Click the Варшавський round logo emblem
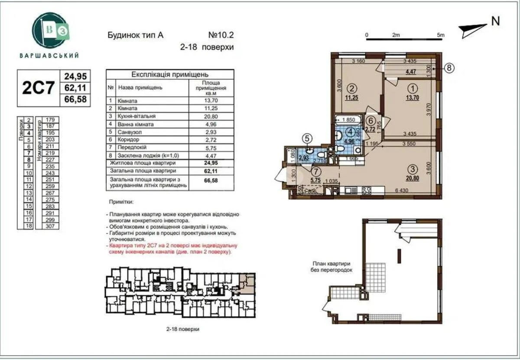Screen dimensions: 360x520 [50, 30]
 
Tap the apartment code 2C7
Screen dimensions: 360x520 [39, 88]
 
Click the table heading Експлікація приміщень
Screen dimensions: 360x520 [170, 74]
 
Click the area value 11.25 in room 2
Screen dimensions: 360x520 [351, 98]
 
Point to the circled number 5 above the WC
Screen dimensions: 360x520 [307, 139]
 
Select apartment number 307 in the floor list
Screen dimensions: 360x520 [51, 226]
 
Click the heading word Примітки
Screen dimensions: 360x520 [122, 202]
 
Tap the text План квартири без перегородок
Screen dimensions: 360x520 [333, 266]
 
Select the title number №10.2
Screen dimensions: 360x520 [221, 35]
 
